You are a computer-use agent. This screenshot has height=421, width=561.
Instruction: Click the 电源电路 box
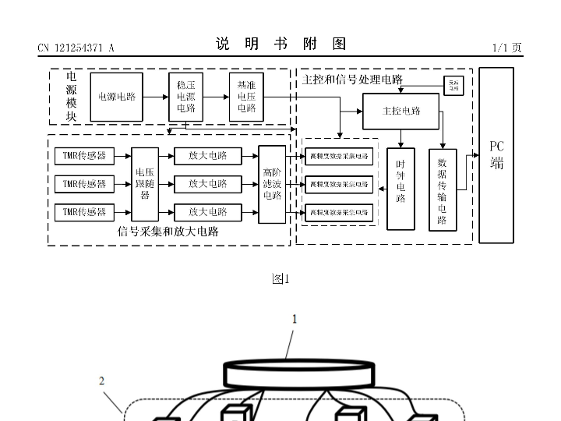click(x=117, y=97)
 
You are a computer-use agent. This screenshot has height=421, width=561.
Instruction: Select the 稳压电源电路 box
click(x=185, y=97)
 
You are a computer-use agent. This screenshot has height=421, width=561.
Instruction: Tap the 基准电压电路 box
click(x=246, y=97)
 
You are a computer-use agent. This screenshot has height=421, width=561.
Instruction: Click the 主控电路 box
click(x=401, y=111)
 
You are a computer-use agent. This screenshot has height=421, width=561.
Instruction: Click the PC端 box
click(x=496, y=154)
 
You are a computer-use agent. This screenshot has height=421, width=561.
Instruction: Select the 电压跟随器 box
click(x=145, y=184)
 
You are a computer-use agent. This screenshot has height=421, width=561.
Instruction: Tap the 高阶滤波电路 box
click(x=272, y=184)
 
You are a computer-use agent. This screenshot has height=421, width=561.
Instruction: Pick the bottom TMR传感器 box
click(x=84, y=211)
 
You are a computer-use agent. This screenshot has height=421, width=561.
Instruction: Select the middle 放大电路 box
click(x=207, y=184)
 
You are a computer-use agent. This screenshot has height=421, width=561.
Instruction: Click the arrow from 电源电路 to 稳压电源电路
click(x=156, y=97)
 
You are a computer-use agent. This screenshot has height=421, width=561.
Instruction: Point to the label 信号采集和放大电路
click(x=168, y=232)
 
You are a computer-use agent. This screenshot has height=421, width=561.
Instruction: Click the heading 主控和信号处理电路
click(x=352, y=79)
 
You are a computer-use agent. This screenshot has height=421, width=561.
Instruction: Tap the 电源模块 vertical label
click(x=71, y=97)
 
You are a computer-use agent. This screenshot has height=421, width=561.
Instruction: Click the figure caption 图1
click(x=280, y=278)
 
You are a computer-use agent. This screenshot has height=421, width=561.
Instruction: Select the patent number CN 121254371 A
click(x=76, y=48)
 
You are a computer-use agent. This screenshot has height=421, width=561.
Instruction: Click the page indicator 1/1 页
click(x=507, y=48)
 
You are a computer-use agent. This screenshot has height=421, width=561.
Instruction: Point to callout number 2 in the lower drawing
click(x=102, y=381)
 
